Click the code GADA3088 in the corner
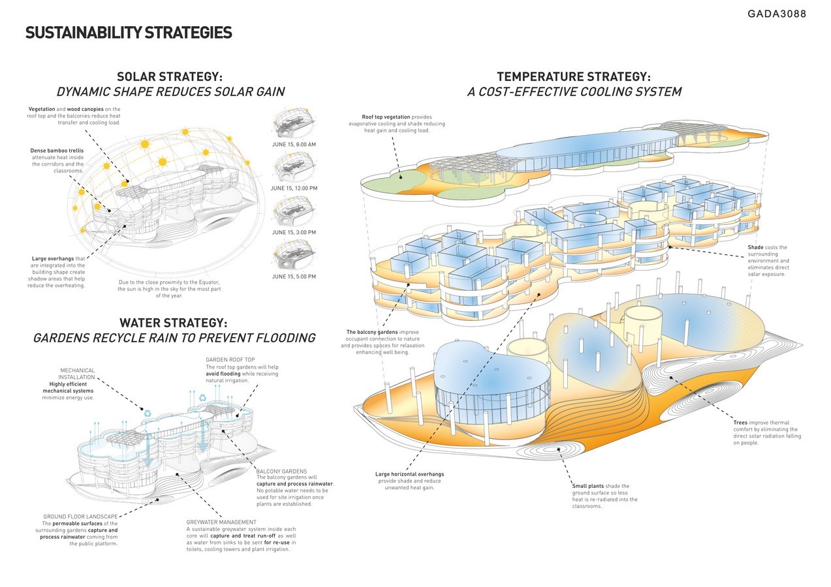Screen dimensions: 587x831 pyautogui.click(x=777, y=14)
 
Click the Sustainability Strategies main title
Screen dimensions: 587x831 pyautogui.click(x=129, y=33)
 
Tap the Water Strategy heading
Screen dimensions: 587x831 pyautogui.click(x=174, y=323)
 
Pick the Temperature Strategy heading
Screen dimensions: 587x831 pyautogui.click(x=574, y=77)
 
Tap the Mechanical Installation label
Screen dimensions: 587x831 pyautogui.click(x=77, y=374)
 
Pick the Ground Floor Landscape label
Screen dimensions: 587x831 pyautogui.click(x=80, y=517)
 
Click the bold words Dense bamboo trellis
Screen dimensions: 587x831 pyautogui.click(x=57, y=151)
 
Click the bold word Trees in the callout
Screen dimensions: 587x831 pyautogui.click(x=740, y=423)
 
